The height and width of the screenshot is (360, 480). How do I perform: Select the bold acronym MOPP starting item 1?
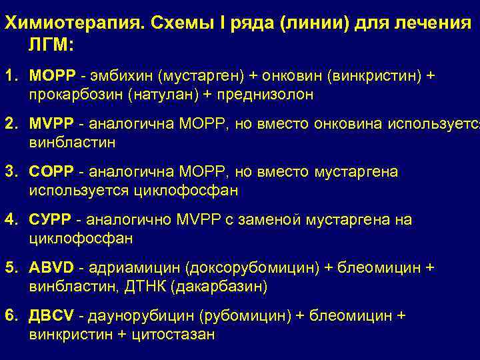coord(51,76)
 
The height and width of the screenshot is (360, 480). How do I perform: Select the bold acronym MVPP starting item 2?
coord(51,124)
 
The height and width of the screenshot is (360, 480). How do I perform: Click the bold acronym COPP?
coord(51,172)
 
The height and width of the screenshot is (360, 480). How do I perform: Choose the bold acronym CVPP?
coord(51,220)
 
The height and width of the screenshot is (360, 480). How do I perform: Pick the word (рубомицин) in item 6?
coord(228,315)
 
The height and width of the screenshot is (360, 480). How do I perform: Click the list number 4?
coord(11,220)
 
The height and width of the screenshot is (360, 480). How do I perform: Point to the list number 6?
coord(11,315)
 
